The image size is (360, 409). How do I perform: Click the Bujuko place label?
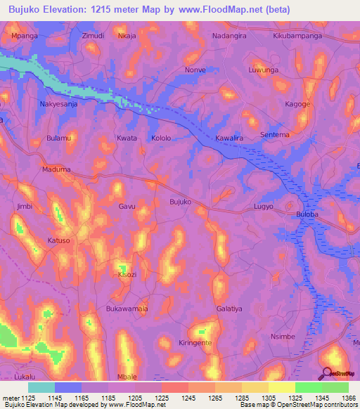(181, 202)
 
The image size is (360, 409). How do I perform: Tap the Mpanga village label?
(25, 35)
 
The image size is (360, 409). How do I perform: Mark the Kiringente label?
(195, 342)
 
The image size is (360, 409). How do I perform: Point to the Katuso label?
(58, 240)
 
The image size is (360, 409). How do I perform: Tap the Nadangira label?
(231, 35)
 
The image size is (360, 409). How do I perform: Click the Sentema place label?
(274, 134)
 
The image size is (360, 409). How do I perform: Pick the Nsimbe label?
(283, 337)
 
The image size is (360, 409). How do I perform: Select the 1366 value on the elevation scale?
(340, 398)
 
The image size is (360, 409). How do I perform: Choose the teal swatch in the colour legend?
(41, 387)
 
